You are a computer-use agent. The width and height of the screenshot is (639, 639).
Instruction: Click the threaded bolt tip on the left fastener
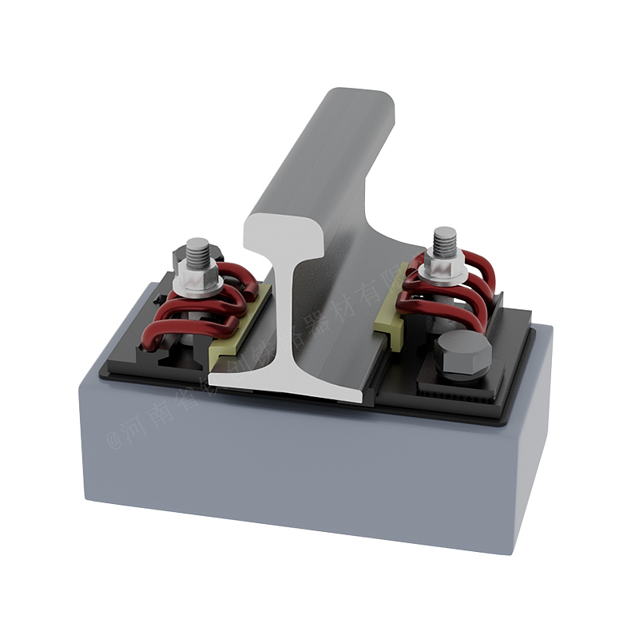click(x=197, y=251)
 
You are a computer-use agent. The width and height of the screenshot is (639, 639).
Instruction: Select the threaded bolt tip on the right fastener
click(x=444, y=239)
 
